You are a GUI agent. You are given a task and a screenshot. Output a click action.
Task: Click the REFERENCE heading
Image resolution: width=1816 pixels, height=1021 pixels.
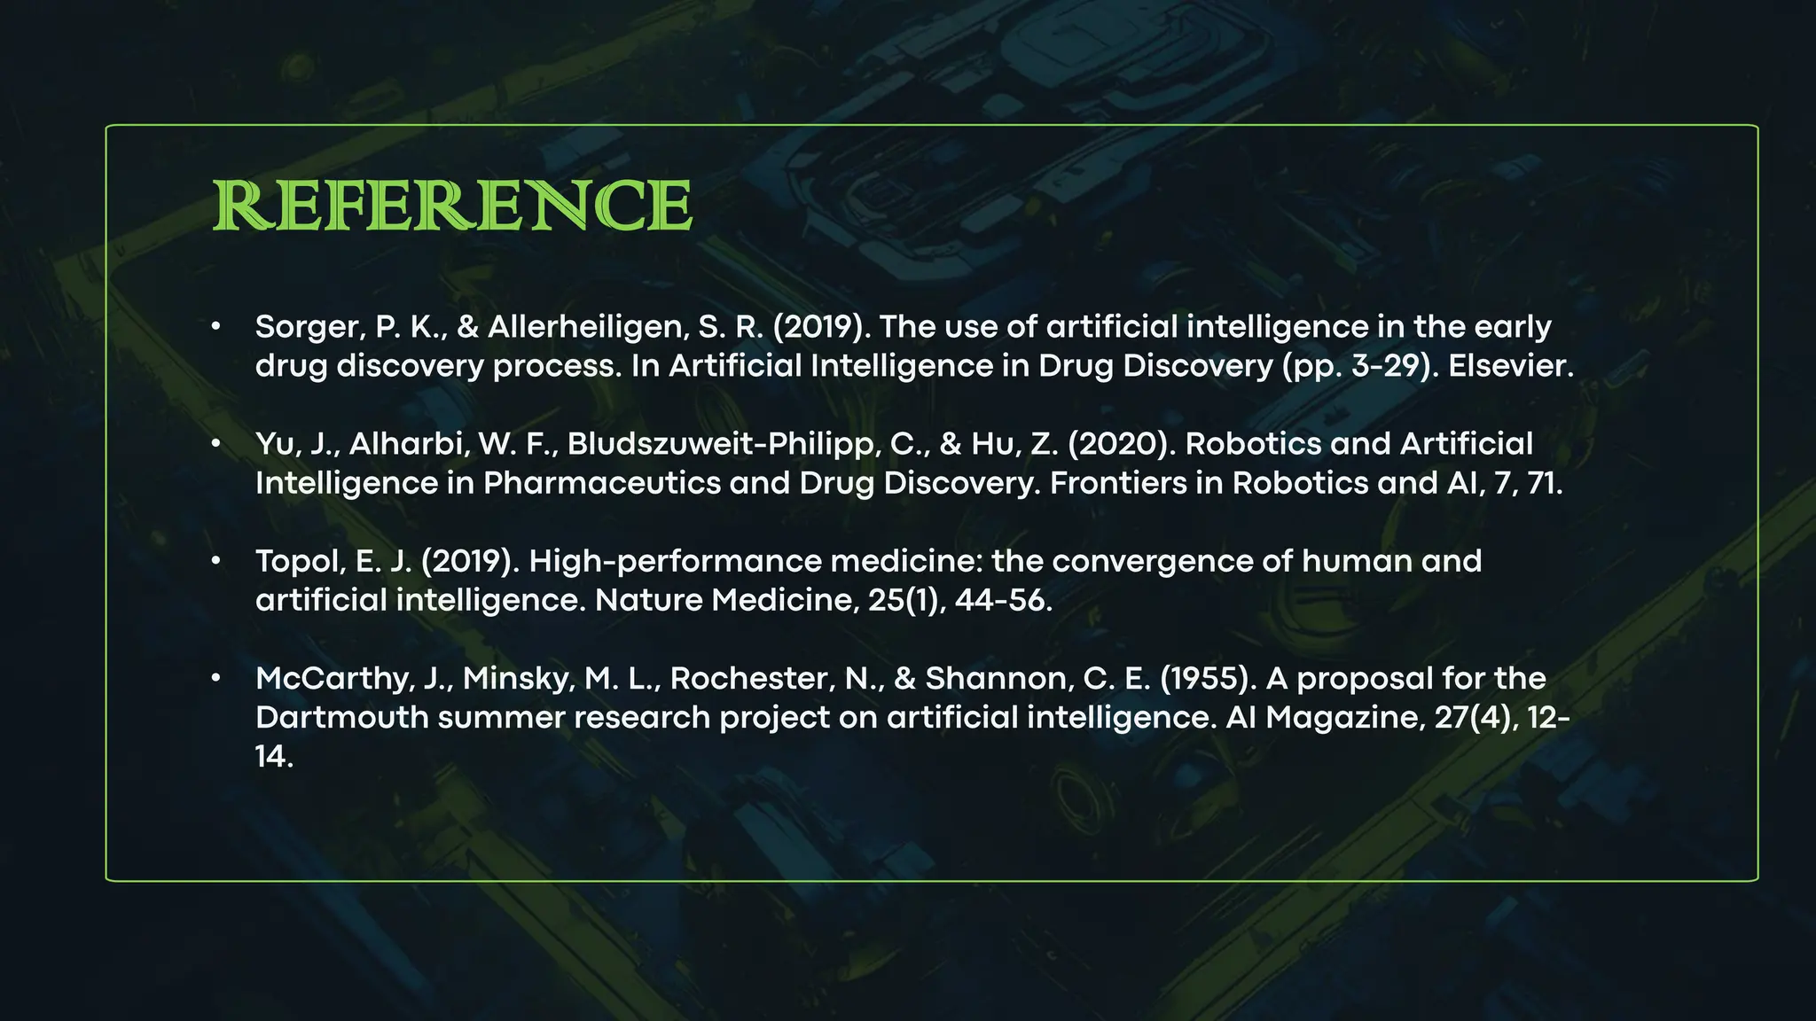452,206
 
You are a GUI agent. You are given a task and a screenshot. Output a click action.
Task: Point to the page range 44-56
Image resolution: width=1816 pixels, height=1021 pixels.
1003,600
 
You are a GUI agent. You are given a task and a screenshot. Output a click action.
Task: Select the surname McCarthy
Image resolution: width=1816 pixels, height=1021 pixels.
333,678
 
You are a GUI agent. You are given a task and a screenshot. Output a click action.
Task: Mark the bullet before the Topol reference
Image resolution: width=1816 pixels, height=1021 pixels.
215,561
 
